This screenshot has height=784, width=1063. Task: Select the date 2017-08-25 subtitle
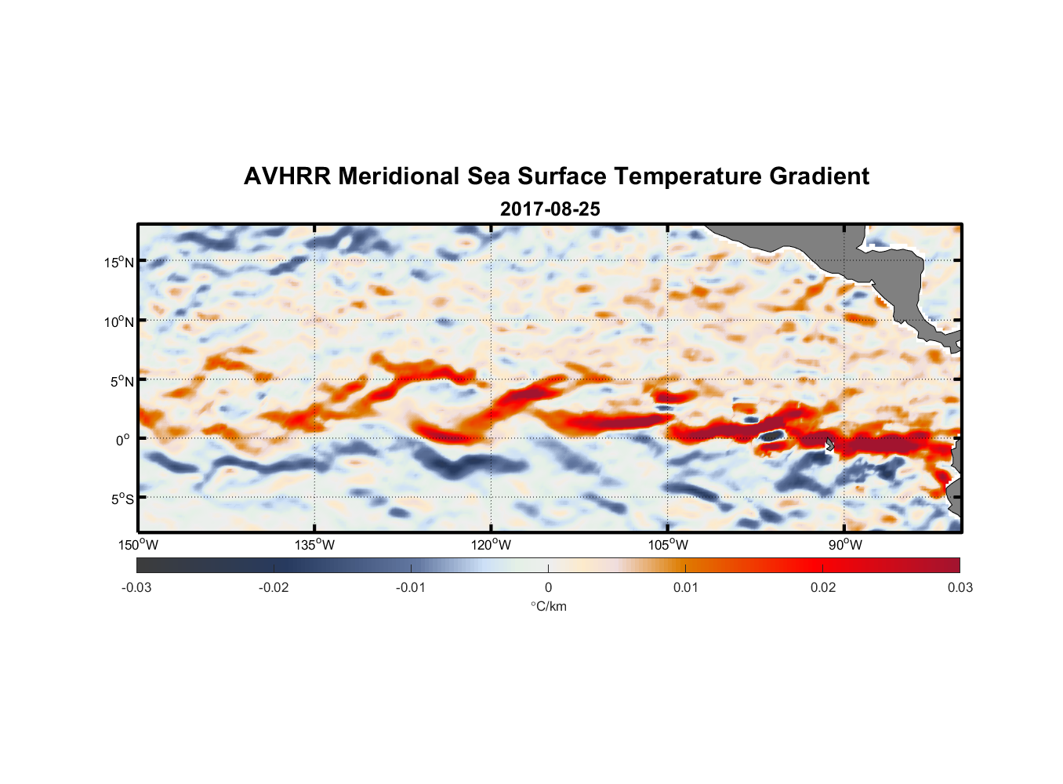(550, 209)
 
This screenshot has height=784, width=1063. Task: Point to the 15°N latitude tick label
(119, 262)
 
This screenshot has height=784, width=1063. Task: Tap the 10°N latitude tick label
(119, 321)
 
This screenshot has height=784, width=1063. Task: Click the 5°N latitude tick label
(122, 381)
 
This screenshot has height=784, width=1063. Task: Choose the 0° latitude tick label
(124, 440)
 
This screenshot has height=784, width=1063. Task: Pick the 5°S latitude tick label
(122, 499)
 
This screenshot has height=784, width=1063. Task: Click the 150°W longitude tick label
(139, 545)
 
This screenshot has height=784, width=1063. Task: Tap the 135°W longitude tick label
(315, 545)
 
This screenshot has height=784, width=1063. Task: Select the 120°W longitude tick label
(492, 545)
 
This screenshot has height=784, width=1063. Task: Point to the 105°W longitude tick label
(668, 545)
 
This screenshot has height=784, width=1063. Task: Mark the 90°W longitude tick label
(845, 545)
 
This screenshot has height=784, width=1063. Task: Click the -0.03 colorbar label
(136, 588)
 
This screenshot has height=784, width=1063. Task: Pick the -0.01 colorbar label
(411, 588)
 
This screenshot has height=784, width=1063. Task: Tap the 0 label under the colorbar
(548, 588)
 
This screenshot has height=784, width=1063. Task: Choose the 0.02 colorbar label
(823, 588)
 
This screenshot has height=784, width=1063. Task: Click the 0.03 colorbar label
(960, 588)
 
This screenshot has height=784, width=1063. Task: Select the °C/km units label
(549, 606)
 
